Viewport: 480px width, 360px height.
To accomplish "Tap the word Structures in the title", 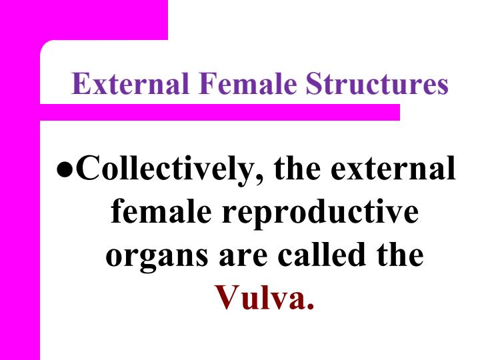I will [x=377, y=85].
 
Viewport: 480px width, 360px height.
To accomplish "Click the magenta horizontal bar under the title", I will [x=220, y=112].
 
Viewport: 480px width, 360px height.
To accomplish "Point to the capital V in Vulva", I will [x=227, y=298].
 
